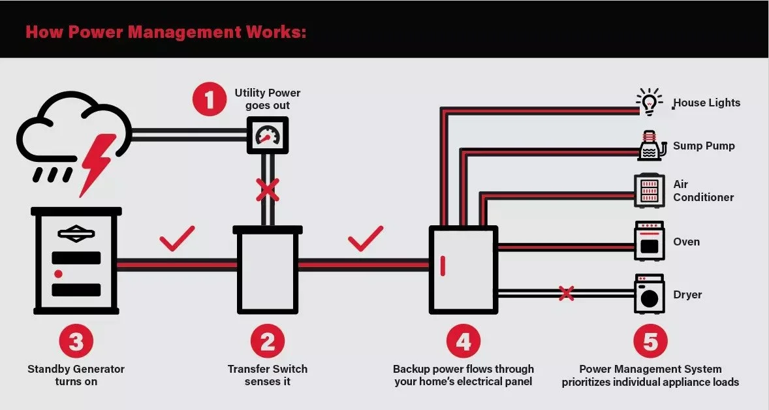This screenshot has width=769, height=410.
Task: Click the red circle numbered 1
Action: pos(210,100)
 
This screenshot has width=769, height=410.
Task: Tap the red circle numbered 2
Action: pos(267,341)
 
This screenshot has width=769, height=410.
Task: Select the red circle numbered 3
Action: pos(76,341)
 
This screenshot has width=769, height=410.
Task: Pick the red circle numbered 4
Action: pos(463,341)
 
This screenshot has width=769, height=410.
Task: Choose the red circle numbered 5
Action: pos(650,341)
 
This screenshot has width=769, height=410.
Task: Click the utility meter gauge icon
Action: pos(266,136)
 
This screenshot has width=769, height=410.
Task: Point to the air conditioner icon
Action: pos(649,191)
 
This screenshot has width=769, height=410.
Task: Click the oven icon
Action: pos(649,241)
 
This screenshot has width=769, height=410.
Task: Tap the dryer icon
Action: pos(649,294)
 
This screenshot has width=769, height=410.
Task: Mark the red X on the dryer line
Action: pos(566,294)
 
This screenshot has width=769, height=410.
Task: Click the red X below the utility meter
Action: pos(266,190)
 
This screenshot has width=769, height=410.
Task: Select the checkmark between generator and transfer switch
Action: pos(177,239)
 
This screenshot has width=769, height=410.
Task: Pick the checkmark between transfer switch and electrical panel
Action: pos(366,239)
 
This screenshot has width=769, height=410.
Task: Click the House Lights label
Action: pos(707,102)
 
